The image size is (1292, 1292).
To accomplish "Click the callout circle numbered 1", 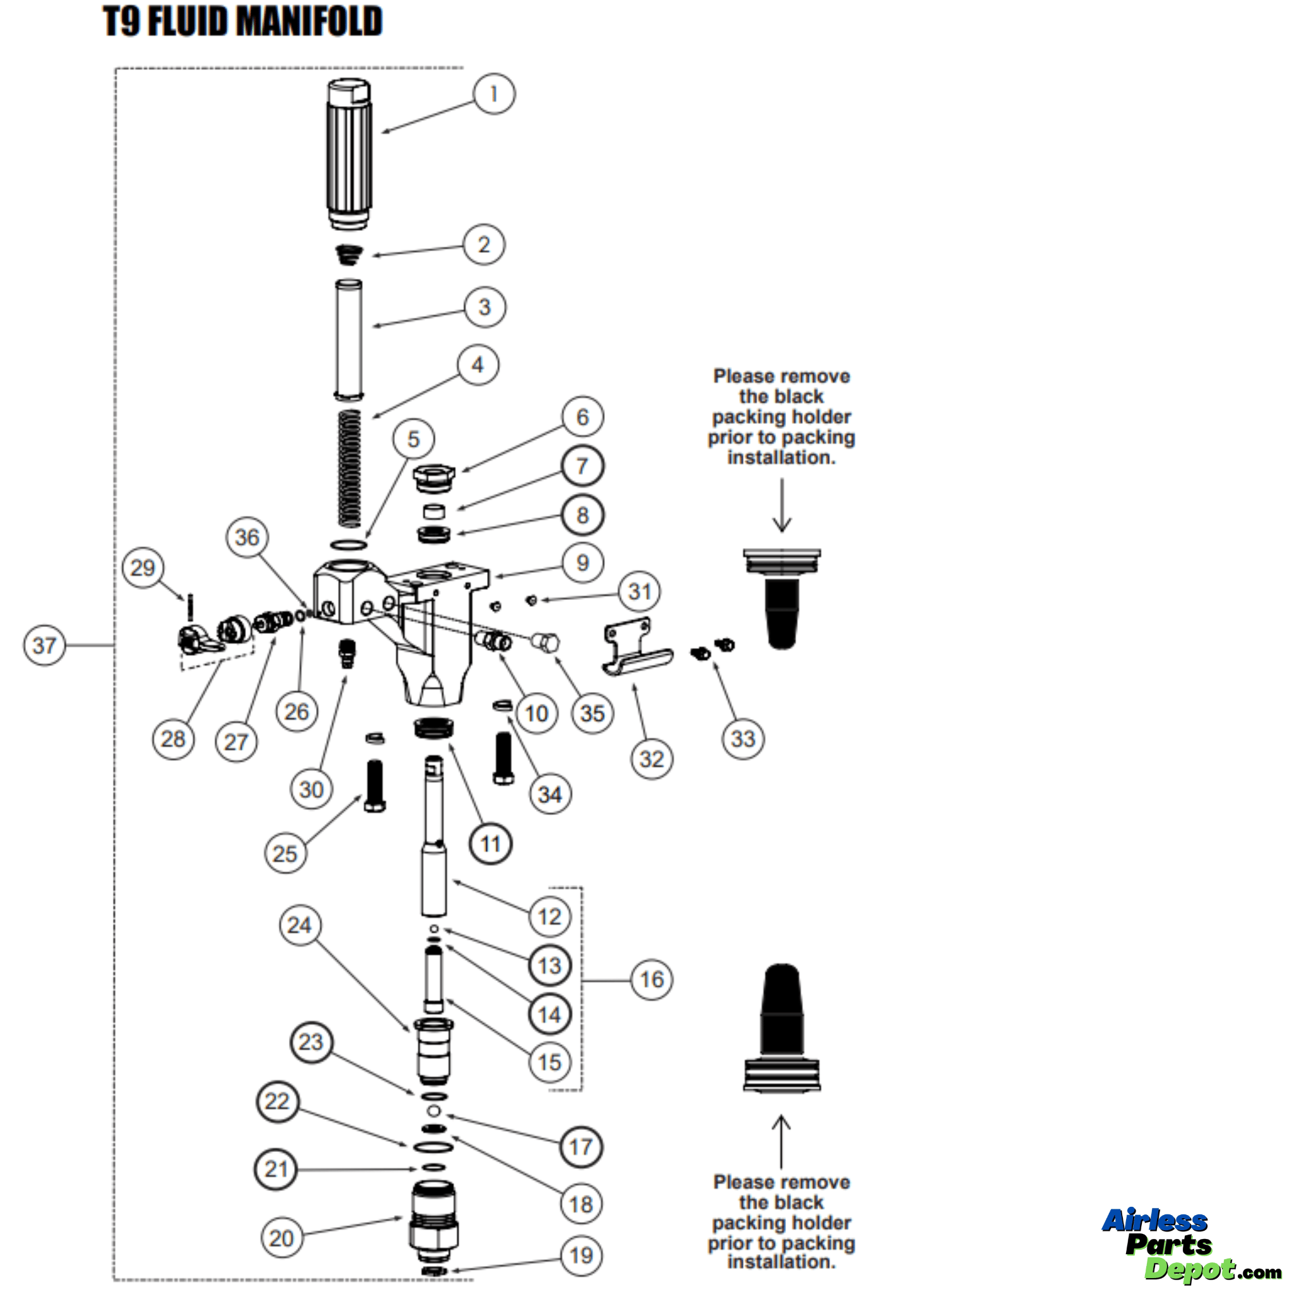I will pos(494,93).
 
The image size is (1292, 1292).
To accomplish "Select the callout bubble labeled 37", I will pos(44,645).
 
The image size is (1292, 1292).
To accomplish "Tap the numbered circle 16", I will pos(651,980).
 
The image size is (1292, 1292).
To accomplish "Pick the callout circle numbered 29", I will pos(143,568).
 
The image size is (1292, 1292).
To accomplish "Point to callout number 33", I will pos(743,739).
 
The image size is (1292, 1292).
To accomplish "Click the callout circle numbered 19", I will pos(580,1255).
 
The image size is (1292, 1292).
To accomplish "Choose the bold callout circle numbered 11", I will pos(490,844).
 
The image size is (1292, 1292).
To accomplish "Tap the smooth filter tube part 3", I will pos(348,340).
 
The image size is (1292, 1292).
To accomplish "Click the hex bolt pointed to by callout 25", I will pos(375,786).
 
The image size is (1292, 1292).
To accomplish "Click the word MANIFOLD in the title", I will pos(309,21).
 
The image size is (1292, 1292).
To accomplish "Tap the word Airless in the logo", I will pos(1154,1221).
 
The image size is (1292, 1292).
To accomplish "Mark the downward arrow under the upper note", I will pos(781,505).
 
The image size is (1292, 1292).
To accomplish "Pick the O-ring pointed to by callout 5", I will pos(348,544).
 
